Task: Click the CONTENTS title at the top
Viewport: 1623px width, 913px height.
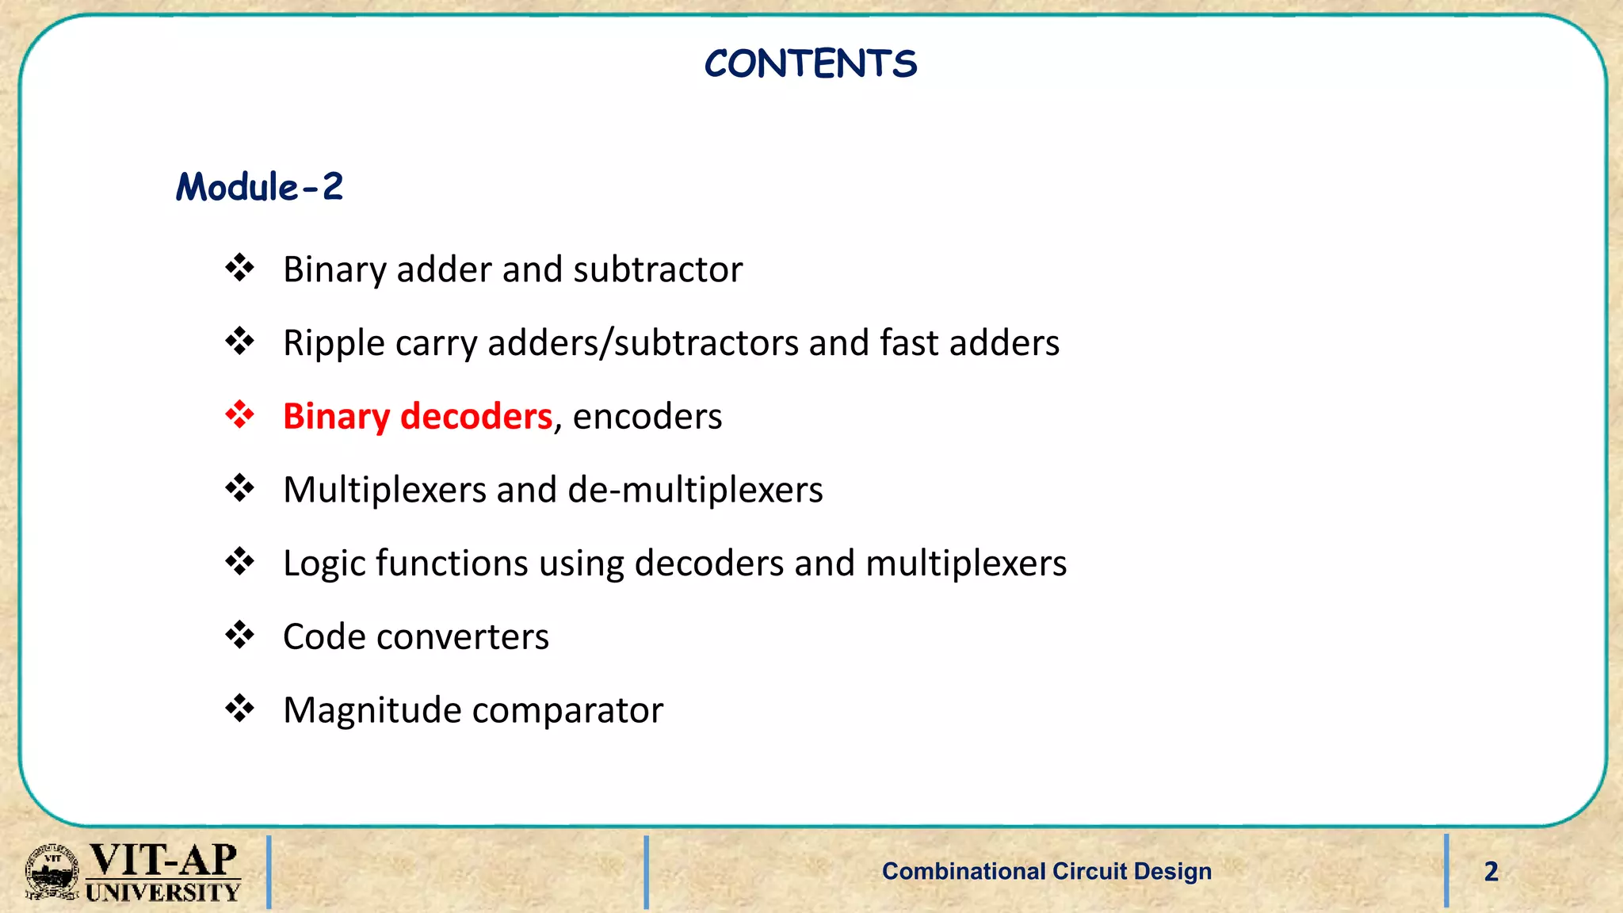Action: (810, 63)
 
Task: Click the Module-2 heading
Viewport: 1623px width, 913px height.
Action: (259, 188)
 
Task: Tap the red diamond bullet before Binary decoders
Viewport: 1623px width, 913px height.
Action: (239, 414)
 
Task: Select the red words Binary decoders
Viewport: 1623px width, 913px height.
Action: (417, 416)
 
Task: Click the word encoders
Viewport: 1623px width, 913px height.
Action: (647, 416)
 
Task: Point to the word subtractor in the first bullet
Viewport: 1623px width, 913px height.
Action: (658, 269)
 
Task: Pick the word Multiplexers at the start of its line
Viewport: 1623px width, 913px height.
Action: (384, 490)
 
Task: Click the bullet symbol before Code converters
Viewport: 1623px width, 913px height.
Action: (239, 635)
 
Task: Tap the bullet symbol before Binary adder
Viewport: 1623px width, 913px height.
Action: (239, 268)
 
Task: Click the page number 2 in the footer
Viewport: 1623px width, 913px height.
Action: (1491, 872)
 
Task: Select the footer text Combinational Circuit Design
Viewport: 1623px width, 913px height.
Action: (1046, 871)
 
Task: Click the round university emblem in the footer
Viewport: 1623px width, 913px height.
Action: (52, 872)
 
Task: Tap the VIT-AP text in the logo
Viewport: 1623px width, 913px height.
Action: (162, 859)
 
